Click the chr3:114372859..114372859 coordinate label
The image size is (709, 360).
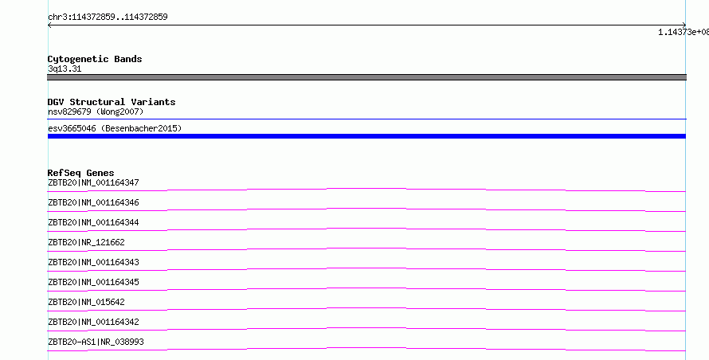coord(108,18)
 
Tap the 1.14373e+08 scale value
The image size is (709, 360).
coord(684,32)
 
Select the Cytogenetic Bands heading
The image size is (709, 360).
coord(95,59)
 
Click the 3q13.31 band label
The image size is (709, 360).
coord(65,69)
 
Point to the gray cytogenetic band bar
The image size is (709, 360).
coord(366,77)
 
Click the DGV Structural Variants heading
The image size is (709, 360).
coord(112,102)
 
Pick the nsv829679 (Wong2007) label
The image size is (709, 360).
coord(96,112)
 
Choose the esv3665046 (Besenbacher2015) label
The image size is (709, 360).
coord(115,128)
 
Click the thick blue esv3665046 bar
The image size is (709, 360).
coord(366,136)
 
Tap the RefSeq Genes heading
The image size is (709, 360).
coord(81,173)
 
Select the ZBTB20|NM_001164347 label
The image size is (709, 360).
coord(93,182)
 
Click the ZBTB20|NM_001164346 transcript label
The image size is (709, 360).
coord(93,202)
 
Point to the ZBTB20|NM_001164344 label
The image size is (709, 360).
coord(93,222)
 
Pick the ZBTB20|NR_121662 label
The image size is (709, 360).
coord(86,242)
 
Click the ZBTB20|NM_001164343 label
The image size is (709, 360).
coord(93,262)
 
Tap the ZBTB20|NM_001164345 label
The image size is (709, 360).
coord(93,282)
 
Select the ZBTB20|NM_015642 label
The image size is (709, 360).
coord(86,302)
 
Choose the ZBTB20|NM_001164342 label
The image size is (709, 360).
coord(93,322)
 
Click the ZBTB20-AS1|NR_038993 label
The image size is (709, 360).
coord(96,342)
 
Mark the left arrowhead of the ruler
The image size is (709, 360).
coord(49,25)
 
